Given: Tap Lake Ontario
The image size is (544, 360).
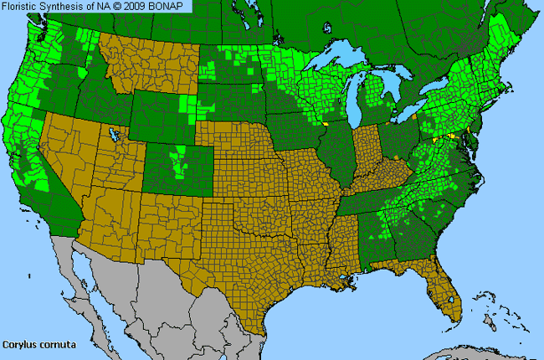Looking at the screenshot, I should [x=436, y=90].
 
